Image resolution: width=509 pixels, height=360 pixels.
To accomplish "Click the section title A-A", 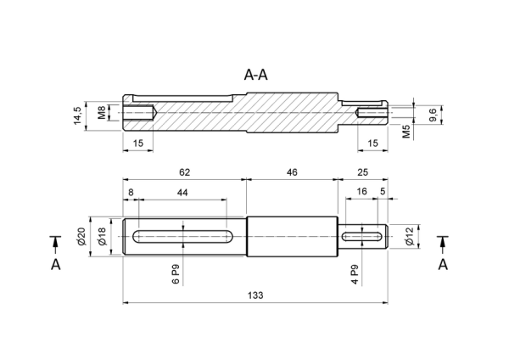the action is click(256, 75).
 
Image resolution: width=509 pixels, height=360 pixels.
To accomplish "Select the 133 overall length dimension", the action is click(255, 295).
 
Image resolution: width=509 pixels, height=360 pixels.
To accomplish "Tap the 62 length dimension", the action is click(184, 172).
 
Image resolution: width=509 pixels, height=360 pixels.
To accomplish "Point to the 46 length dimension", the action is click(292, 172).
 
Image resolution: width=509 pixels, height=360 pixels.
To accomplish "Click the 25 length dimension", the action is click(362, 172).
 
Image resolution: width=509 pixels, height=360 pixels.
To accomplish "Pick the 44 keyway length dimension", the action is click(182, 193).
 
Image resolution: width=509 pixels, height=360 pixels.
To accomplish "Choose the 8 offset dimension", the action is click(131, 193).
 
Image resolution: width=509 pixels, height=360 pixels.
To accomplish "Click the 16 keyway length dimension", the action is click(361, 191).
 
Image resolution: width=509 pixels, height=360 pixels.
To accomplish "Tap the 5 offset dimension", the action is click(383, 191).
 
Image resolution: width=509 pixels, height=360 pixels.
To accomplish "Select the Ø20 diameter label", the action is click(81, 236).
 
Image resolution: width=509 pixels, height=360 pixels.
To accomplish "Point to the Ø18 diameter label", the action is click(102, 236).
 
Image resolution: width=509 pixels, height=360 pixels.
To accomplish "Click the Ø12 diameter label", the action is click(410, 236).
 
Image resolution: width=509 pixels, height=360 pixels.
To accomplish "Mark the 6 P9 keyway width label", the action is click(176, 274).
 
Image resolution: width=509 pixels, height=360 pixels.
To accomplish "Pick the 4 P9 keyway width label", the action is click(355, 274).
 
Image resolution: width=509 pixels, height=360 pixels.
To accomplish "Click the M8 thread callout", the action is click(102, 112).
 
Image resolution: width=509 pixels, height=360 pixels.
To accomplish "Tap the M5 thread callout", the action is click(406, 132).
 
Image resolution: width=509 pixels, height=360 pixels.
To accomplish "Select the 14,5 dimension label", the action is click(77, 115).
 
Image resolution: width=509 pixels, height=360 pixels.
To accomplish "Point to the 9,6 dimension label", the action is click(433, 115).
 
